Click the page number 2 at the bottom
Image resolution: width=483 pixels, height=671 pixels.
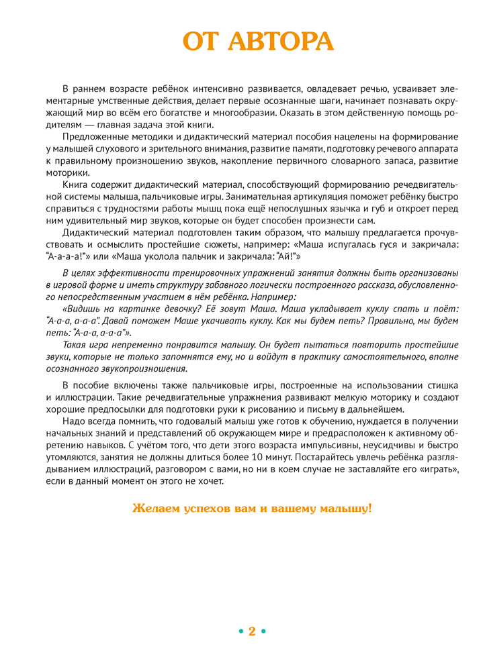tap(252, 631)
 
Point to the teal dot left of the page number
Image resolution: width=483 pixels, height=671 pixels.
tap(240, 631)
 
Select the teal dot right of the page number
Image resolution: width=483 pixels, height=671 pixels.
tap(263, 631)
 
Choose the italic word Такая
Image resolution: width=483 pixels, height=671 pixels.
tap(75, 345)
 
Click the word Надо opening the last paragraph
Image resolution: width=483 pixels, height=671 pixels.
tap(74, 421)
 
